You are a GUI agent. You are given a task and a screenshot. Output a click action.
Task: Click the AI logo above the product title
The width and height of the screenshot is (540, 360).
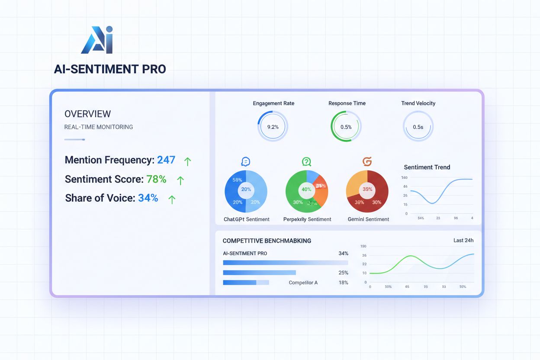click(97, 40)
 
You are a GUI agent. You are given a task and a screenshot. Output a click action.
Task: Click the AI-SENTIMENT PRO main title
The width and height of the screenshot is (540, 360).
click(110, 69)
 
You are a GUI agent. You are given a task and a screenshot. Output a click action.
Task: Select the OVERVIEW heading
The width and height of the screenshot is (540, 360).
click(87, 114)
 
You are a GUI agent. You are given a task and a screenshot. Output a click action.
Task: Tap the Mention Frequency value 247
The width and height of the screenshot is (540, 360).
click(166, 160)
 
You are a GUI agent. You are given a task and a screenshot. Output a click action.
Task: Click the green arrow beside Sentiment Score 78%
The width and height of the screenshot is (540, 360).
click(180, 180)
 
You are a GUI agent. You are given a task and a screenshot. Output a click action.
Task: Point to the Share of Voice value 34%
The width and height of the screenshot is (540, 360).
click(148, 198)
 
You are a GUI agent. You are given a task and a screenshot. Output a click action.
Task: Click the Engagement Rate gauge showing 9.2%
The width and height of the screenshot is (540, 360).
click(273, 127)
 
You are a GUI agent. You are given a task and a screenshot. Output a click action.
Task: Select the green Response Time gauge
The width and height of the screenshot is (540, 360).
click(346, 127)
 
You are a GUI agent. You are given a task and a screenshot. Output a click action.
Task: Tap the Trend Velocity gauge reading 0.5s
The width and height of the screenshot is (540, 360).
click(418, 127)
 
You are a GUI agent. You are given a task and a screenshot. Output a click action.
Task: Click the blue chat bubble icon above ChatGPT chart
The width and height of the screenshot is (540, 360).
click(246, 162)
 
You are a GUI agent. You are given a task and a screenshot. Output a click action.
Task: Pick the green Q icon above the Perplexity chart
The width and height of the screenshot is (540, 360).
click(306, 162)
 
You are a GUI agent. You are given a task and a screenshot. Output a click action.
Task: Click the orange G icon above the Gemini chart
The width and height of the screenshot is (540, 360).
click(367, 162)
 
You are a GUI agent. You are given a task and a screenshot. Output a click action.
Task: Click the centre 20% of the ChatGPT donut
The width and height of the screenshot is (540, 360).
click(246, 190)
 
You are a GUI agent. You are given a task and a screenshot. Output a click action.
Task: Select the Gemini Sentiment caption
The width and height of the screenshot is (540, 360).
click(368, 219)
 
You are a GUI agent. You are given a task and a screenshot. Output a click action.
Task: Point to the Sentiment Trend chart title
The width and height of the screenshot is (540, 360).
click(427, 167)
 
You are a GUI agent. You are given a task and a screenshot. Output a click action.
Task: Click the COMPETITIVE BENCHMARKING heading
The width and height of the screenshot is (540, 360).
click(267, 241)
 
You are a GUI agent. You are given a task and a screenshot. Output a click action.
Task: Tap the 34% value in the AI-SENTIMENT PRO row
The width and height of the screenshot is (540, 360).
click(343, 253)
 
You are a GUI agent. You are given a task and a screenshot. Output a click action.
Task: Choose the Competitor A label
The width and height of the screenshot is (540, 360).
click(303, 283)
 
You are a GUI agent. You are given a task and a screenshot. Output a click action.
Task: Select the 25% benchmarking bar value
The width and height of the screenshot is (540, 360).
click(343, 273)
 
